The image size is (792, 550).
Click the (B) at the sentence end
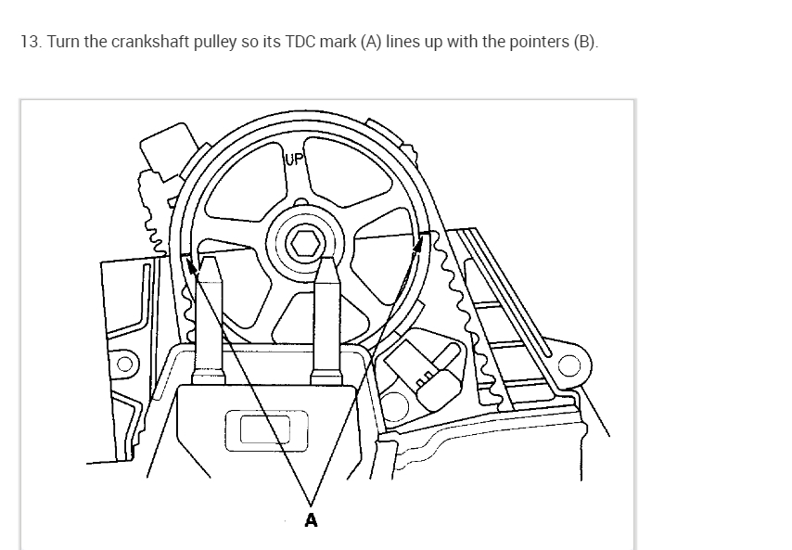point(586,44)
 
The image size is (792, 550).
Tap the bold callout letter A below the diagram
point(311,520)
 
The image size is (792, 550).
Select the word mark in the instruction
point(343,44)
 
